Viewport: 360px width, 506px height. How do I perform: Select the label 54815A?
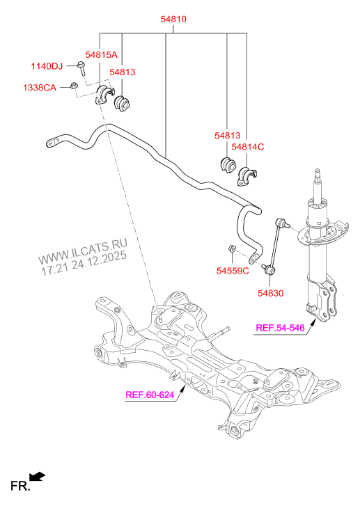(102, 54)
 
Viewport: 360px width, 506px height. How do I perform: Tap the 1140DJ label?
(46, 67)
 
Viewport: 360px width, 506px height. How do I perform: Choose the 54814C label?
(248, 147)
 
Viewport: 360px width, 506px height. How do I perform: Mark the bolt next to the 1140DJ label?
(82, 68)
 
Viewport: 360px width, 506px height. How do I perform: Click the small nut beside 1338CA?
(72, 86)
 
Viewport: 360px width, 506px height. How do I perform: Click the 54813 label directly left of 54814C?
(226, 136)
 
